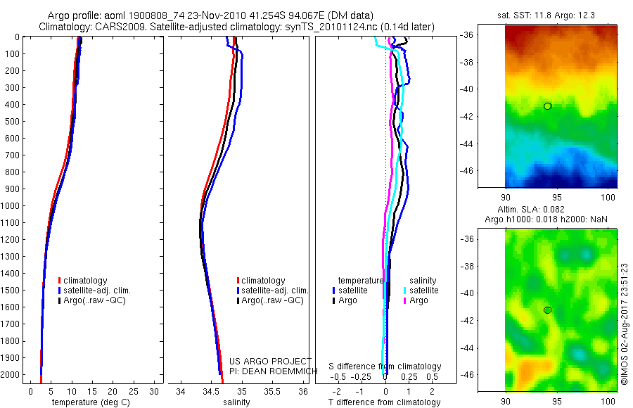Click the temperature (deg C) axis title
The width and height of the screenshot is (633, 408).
pyautogui.click(x=91, y=402)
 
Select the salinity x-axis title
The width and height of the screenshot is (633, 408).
pyautogui.click(x=236, y=402)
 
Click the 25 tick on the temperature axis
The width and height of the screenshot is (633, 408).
pyautogui.click(x=133, y=391)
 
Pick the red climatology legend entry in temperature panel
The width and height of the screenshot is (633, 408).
pyautogui.click(x=83, y=281)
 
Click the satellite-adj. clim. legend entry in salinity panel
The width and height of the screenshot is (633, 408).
pyautogui.click(x=272, y=291)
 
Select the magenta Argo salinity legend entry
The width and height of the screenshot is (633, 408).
pyautogui.click(x=416, y=300)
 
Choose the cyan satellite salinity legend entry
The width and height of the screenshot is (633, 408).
pyautogui.click(x=421, y=291)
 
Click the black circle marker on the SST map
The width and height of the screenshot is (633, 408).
pyautogui.click(x=547, y=106)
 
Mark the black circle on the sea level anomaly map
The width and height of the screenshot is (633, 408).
pyautogui.click(x=547, y=310)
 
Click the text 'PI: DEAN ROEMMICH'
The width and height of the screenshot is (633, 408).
pyautogui.click(x=274, y=371)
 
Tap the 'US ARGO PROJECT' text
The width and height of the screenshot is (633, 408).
pyautogui.click(x=270, y=361)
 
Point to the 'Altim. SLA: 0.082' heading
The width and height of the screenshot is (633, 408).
pyautogui.click(x=531, y=209)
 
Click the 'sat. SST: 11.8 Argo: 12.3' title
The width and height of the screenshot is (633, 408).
pyautogui.click(x=546, y=15)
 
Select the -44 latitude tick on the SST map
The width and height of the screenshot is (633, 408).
pyautogui.click(x=467, y=144)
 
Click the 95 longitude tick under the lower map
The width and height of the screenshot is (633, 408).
pyautogui.click(x=557, y=401)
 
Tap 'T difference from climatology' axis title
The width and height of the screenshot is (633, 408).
pyautogui.click(x=384, y=402)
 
